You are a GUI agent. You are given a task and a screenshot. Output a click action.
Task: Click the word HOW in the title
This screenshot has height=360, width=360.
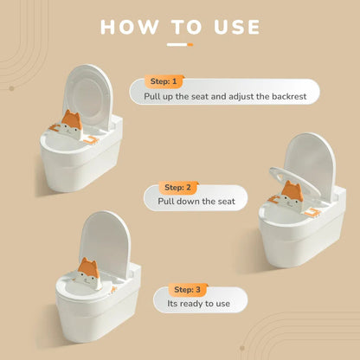(129, 27)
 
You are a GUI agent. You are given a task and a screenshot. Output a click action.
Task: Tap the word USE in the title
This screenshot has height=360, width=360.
(237, 27)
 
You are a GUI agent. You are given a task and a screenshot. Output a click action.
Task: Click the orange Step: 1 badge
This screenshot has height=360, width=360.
(164, 81)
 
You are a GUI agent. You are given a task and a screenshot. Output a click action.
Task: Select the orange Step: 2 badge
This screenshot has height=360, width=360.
(177, 188)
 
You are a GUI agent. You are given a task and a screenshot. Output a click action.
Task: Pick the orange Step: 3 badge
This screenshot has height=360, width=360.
(188, 289)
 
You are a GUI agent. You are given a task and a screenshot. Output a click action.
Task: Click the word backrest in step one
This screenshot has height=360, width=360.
(289, 96)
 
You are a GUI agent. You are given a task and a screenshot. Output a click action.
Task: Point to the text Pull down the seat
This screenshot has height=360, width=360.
(196, 201)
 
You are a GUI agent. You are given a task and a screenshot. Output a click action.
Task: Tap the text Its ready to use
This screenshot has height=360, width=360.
(199, 304)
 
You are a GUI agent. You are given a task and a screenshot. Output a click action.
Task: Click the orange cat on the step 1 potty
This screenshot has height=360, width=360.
(71, 124)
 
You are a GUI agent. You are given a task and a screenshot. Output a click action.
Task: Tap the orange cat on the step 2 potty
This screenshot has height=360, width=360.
(292, 195)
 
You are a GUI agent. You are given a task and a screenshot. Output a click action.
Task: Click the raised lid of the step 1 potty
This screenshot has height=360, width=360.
(88, 95)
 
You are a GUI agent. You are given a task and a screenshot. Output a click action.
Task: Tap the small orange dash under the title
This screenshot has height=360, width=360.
(190, 45)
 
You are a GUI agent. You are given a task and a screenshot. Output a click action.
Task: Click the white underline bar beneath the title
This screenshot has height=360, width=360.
(177, 45)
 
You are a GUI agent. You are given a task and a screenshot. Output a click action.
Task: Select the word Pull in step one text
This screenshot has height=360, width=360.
(151, 96)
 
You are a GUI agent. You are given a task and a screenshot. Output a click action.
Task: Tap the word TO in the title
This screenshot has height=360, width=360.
(186, 27)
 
